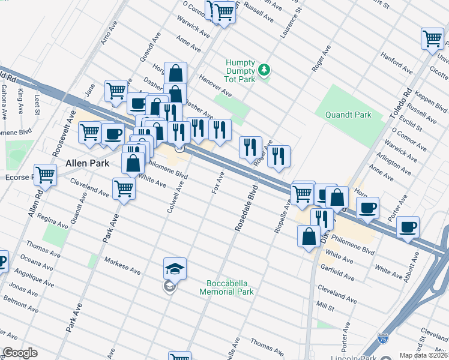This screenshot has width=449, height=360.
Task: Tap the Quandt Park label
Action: (348, 115)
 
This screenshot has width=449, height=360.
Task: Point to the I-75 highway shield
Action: (383, 339)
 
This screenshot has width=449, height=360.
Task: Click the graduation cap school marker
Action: (175, 269)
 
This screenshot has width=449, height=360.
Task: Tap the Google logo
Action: (20, 353)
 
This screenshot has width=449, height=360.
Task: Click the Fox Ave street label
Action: (218, 182)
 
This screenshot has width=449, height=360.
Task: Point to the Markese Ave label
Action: (122, 266)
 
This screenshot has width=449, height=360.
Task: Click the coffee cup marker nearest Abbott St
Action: (408, 227)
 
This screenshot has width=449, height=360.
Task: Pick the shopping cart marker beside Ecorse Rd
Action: (45, 175)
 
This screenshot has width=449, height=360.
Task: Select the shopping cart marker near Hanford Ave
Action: (432, 39)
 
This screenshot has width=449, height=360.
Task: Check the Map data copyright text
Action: (423, 355)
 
